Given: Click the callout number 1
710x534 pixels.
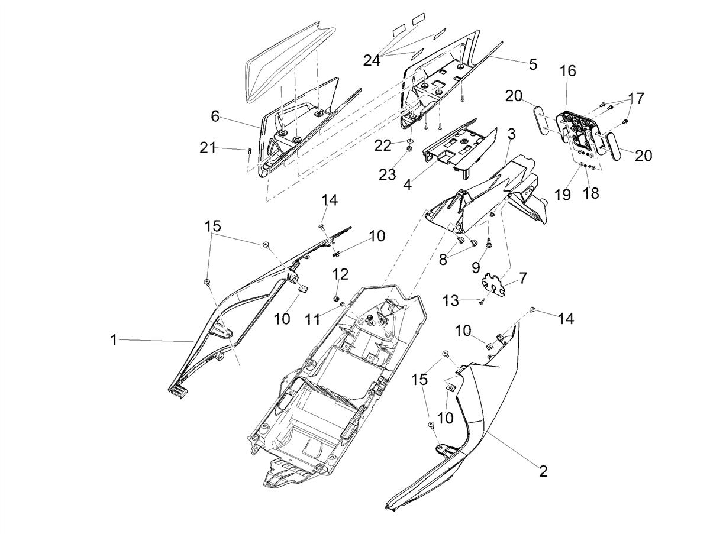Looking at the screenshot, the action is (114, 340).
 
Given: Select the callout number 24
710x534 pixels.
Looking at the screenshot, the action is (372, 60).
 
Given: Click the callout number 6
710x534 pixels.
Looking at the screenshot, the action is (215, 116).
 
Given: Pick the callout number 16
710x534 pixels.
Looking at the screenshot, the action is (569, 70).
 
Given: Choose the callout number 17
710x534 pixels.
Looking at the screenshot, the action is (636, 99).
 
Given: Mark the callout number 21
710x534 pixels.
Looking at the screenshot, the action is (207, 148).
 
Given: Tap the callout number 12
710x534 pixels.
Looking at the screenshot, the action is (341, 274).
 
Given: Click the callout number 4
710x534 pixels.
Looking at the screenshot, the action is (408, 185).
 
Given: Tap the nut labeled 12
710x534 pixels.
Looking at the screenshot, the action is (337, 297).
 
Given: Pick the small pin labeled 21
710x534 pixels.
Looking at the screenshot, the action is (250, 150).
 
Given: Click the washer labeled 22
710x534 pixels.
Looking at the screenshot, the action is (411, 141).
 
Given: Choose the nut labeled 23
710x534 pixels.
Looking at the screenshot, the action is (409, 148).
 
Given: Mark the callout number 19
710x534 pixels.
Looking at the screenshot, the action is (563, 195).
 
